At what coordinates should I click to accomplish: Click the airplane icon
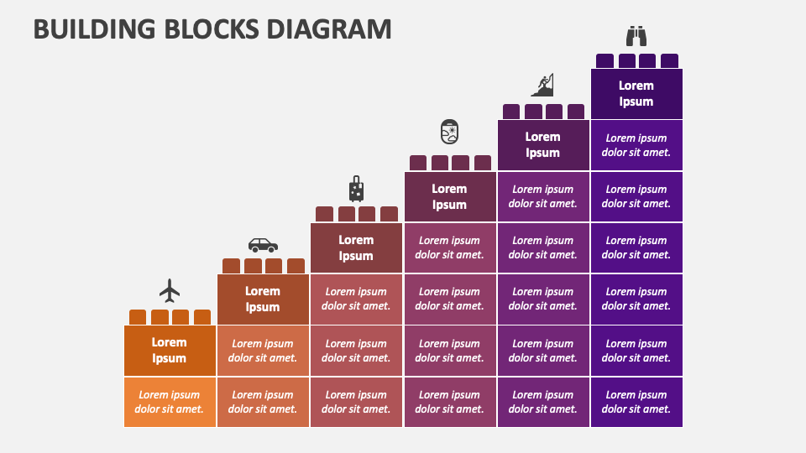coord(170,291)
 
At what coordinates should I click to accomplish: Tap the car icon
coord(263,245)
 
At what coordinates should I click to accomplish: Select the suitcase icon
coord(356,189)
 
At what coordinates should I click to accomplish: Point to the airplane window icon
coord(449,132)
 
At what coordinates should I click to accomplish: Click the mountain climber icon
coord(543,85)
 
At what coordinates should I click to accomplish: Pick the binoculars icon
coord(636,36)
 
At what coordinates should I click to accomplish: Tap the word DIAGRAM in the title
coord(329,29)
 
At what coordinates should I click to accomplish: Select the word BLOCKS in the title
coord(212,29)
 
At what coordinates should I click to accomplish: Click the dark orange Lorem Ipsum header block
coord(170,351)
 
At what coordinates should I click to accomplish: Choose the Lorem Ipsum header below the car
coord(263,299)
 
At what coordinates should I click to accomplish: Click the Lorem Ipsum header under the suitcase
coord(356,247)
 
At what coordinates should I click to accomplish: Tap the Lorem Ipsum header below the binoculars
coord(636,93)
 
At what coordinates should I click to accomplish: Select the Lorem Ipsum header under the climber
coord(543,145)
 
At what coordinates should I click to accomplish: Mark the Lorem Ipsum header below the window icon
coord(450,196)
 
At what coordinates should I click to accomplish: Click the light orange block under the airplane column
coord(170,402)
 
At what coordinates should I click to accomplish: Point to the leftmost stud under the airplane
coord(138,317)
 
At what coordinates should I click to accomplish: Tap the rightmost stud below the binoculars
coord(669,60)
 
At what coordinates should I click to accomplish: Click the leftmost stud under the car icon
coord(232,266)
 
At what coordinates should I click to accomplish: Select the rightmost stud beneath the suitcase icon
coord(389,214)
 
